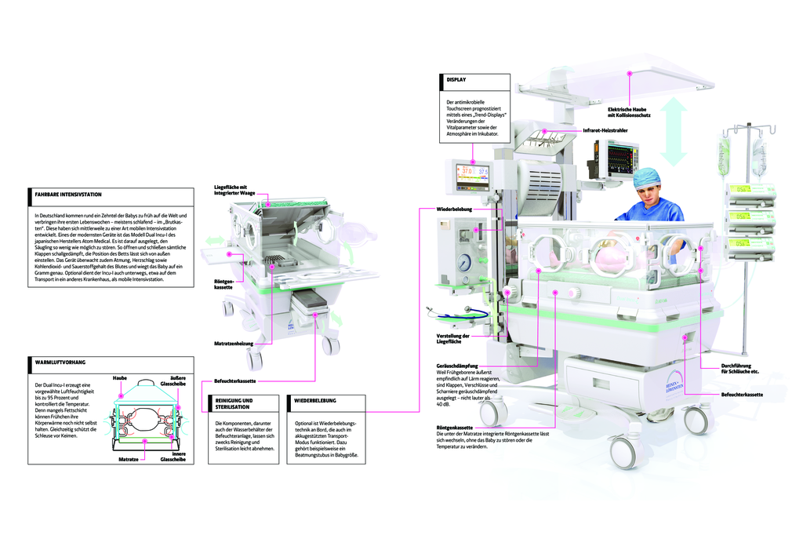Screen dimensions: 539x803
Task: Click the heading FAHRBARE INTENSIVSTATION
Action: pyautogui.click(x=68, y=194)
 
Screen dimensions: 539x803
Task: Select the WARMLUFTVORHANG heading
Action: pyautogui.click(x=60, y=362)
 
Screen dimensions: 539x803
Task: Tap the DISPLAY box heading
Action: pyautogui.click(x=456, y=80)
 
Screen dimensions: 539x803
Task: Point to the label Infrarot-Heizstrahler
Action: pyautogui.click(x=605, y=129)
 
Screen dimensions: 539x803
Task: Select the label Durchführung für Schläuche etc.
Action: pyautogui.click(x=739, y=369)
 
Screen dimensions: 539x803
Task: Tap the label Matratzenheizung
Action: pyautogui.click(x=233, y=344)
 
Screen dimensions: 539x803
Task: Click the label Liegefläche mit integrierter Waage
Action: pyautogui.click(x=234, y=189)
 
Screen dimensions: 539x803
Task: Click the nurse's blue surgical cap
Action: pyautogui.click(x=646, y=177)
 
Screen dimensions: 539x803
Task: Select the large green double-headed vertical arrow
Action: pyautogui.click(x=674, y=128)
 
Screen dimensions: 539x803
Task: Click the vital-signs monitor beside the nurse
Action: pyautogui.click(x=619, y=157)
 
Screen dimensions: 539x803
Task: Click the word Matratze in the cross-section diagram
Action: pyautogui.click(x=129, y=457)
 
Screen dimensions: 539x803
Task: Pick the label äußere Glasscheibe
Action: pyautogui.click(x=172, y=381)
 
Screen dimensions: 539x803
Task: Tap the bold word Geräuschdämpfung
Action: pyautogui.click(x=456, y=366)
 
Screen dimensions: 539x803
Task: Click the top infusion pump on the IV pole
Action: pyautogui.click(x=750, y=191)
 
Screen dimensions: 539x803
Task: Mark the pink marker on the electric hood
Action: pyautogui.click(x=629, y=72)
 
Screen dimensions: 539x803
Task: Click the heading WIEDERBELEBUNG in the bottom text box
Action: pyautogui.click(x=315, y=400)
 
